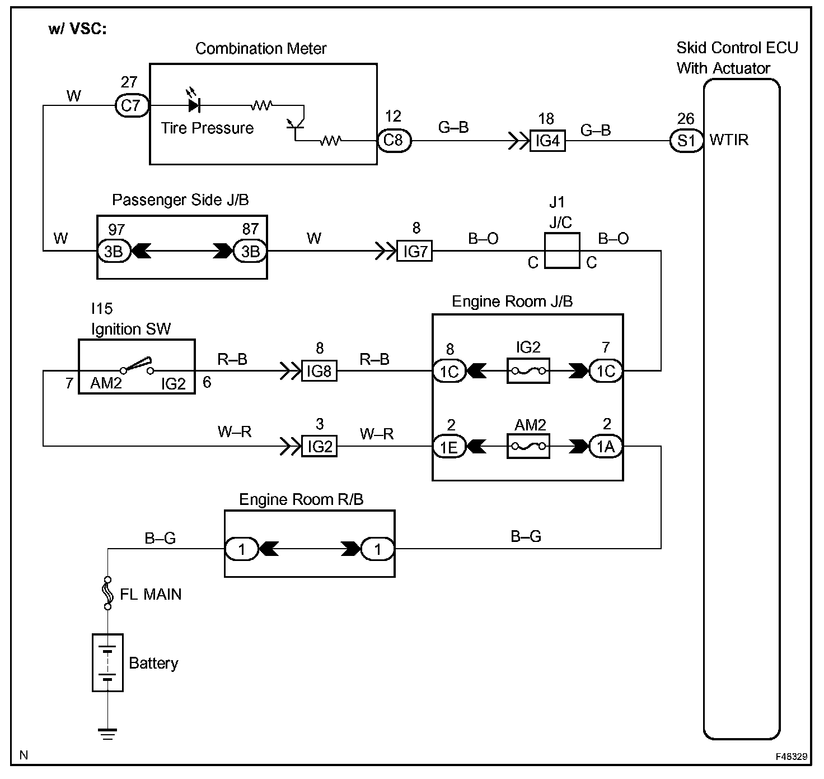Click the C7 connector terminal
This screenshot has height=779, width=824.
click(132, 105)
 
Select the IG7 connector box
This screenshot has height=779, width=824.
click(415, 251)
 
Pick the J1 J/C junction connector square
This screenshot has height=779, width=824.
click(561, 251)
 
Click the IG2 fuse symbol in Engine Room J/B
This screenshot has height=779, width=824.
click(528, 371)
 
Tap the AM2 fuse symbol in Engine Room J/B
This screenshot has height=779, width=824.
click(528, 447)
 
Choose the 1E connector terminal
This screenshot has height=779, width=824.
click(450, 447)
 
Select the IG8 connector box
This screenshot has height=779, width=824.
click(320, 371)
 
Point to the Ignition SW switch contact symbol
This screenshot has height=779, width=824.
click(137, 365)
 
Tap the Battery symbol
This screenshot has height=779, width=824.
click(107, 662)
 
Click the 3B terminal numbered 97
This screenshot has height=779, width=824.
click(114, 251)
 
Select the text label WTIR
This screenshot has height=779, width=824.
click(729, 140)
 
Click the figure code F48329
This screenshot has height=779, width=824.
click(792, 756)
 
